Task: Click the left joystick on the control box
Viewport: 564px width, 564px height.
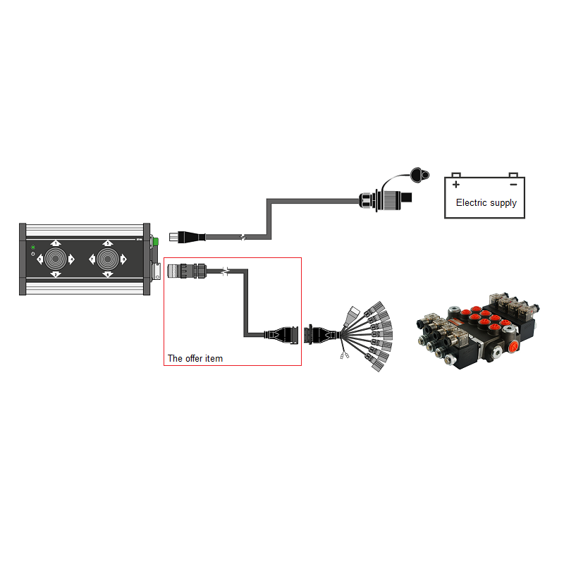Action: click(x=56, y=259)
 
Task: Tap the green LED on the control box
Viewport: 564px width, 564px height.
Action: click(x=33, y=247)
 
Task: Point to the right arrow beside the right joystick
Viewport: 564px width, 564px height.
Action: click(x=123, y=259)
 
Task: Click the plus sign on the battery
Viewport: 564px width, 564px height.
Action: click(x=456, y=185)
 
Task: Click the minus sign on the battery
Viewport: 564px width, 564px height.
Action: click(x=513, y=185)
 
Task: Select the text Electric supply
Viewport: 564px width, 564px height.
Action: click(x=486, y=203)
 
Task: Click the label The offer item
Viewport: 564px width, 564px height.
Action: click(x=195, y=359)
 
